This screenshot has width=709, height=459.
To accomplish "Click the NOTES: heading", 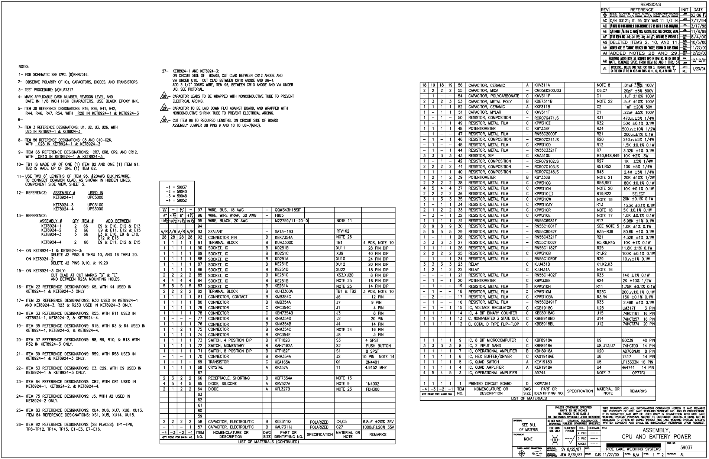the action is click(x=24, y=67).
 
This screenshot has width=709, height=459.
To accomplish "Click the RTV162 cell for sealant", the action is click(x=342, y=231).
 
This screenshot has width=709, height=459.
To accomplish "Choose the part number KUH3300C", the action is click(x=284, y=243).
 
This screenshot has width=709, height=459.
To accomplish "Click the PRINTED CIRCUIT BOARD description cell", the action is click(x=490, y=384).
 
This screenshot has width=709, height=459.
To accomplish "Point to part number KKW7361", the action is click(x=542, y=384).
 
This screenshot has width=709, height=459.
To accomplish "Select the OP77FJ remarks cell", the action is click(x=638, y=373).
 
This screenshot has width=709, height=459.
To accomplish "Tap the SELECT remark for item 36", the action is click(x=638, y=194).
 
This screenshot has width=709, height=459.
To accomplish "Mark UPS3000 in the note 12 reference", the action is click(x=95, y=209).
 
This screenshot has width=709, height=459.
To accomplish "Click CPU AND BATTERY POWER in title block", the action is click(x=654, y=437).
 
